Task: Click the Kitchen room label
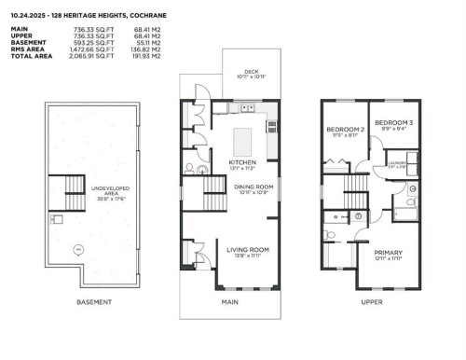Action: [x=241, y=161]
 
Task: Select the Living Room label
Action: [x=248, y=250]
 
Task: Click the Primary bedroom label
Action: [x=389, y=253]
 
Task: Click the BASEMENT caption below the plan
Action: [x=94, y=302]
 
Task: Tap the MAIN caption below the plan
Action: [x=228, y=302]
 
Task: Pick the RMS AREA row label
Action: [x=28, y=51]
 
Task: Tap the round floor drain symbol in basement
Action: [x=78, y=250]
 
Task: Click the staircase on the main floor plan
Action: [x=198, y=197]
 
